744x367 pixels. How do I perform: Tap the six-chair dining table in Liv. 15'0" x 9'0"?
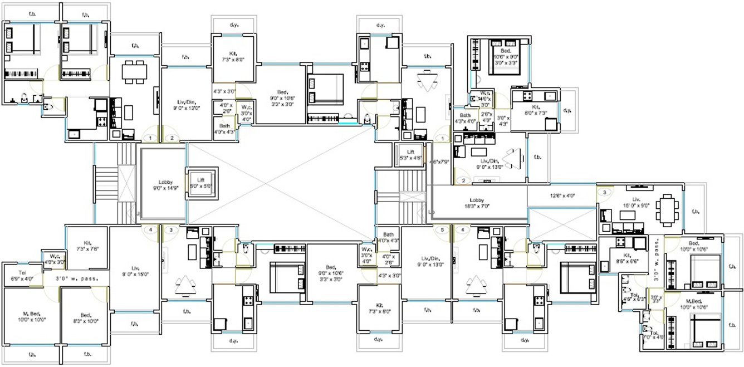(x=665, y=210)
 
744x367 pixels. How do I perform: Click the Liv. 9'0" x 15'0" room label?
(x=134, y=271)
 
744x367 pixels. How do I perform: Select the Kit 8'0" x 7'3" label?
(x=533, y=110)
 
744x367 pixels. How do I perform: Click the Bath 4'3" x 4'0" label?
(x=464, y=118)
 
